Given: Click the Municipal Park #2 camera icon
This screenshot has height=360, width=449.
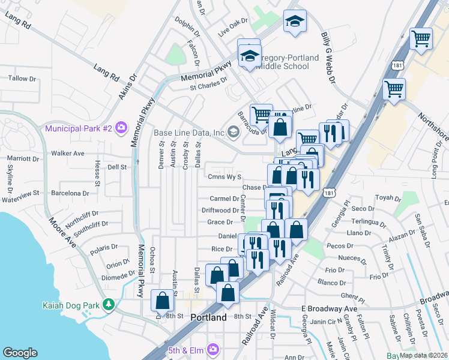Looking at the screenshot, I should [122, 127].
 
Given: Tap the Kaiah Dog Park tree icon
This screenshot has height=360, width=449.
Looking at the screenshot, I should [108, 305].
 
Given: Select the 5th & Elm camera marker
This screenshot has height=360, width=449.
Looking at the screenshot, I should [213, 349].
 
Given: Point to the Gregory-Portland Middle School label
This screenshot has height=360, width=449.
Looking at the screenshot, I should [282, 60].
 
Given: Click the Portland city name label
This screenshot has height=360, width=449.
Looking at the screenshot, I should [208, 317].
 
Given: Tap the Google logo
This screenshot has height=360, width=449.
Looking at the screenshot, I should [20, 353].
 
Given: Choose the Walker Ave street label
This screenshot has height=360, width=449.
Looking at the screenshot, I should [67, 154].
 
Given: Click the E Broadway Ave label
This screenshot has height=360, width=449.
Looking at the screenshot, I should [329, 308].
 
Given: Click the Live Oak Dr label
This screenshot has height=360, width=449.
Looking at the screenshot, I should [234, 28].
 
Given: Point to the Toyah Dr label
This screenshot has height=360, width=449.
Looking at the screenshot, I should [387, 198].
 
